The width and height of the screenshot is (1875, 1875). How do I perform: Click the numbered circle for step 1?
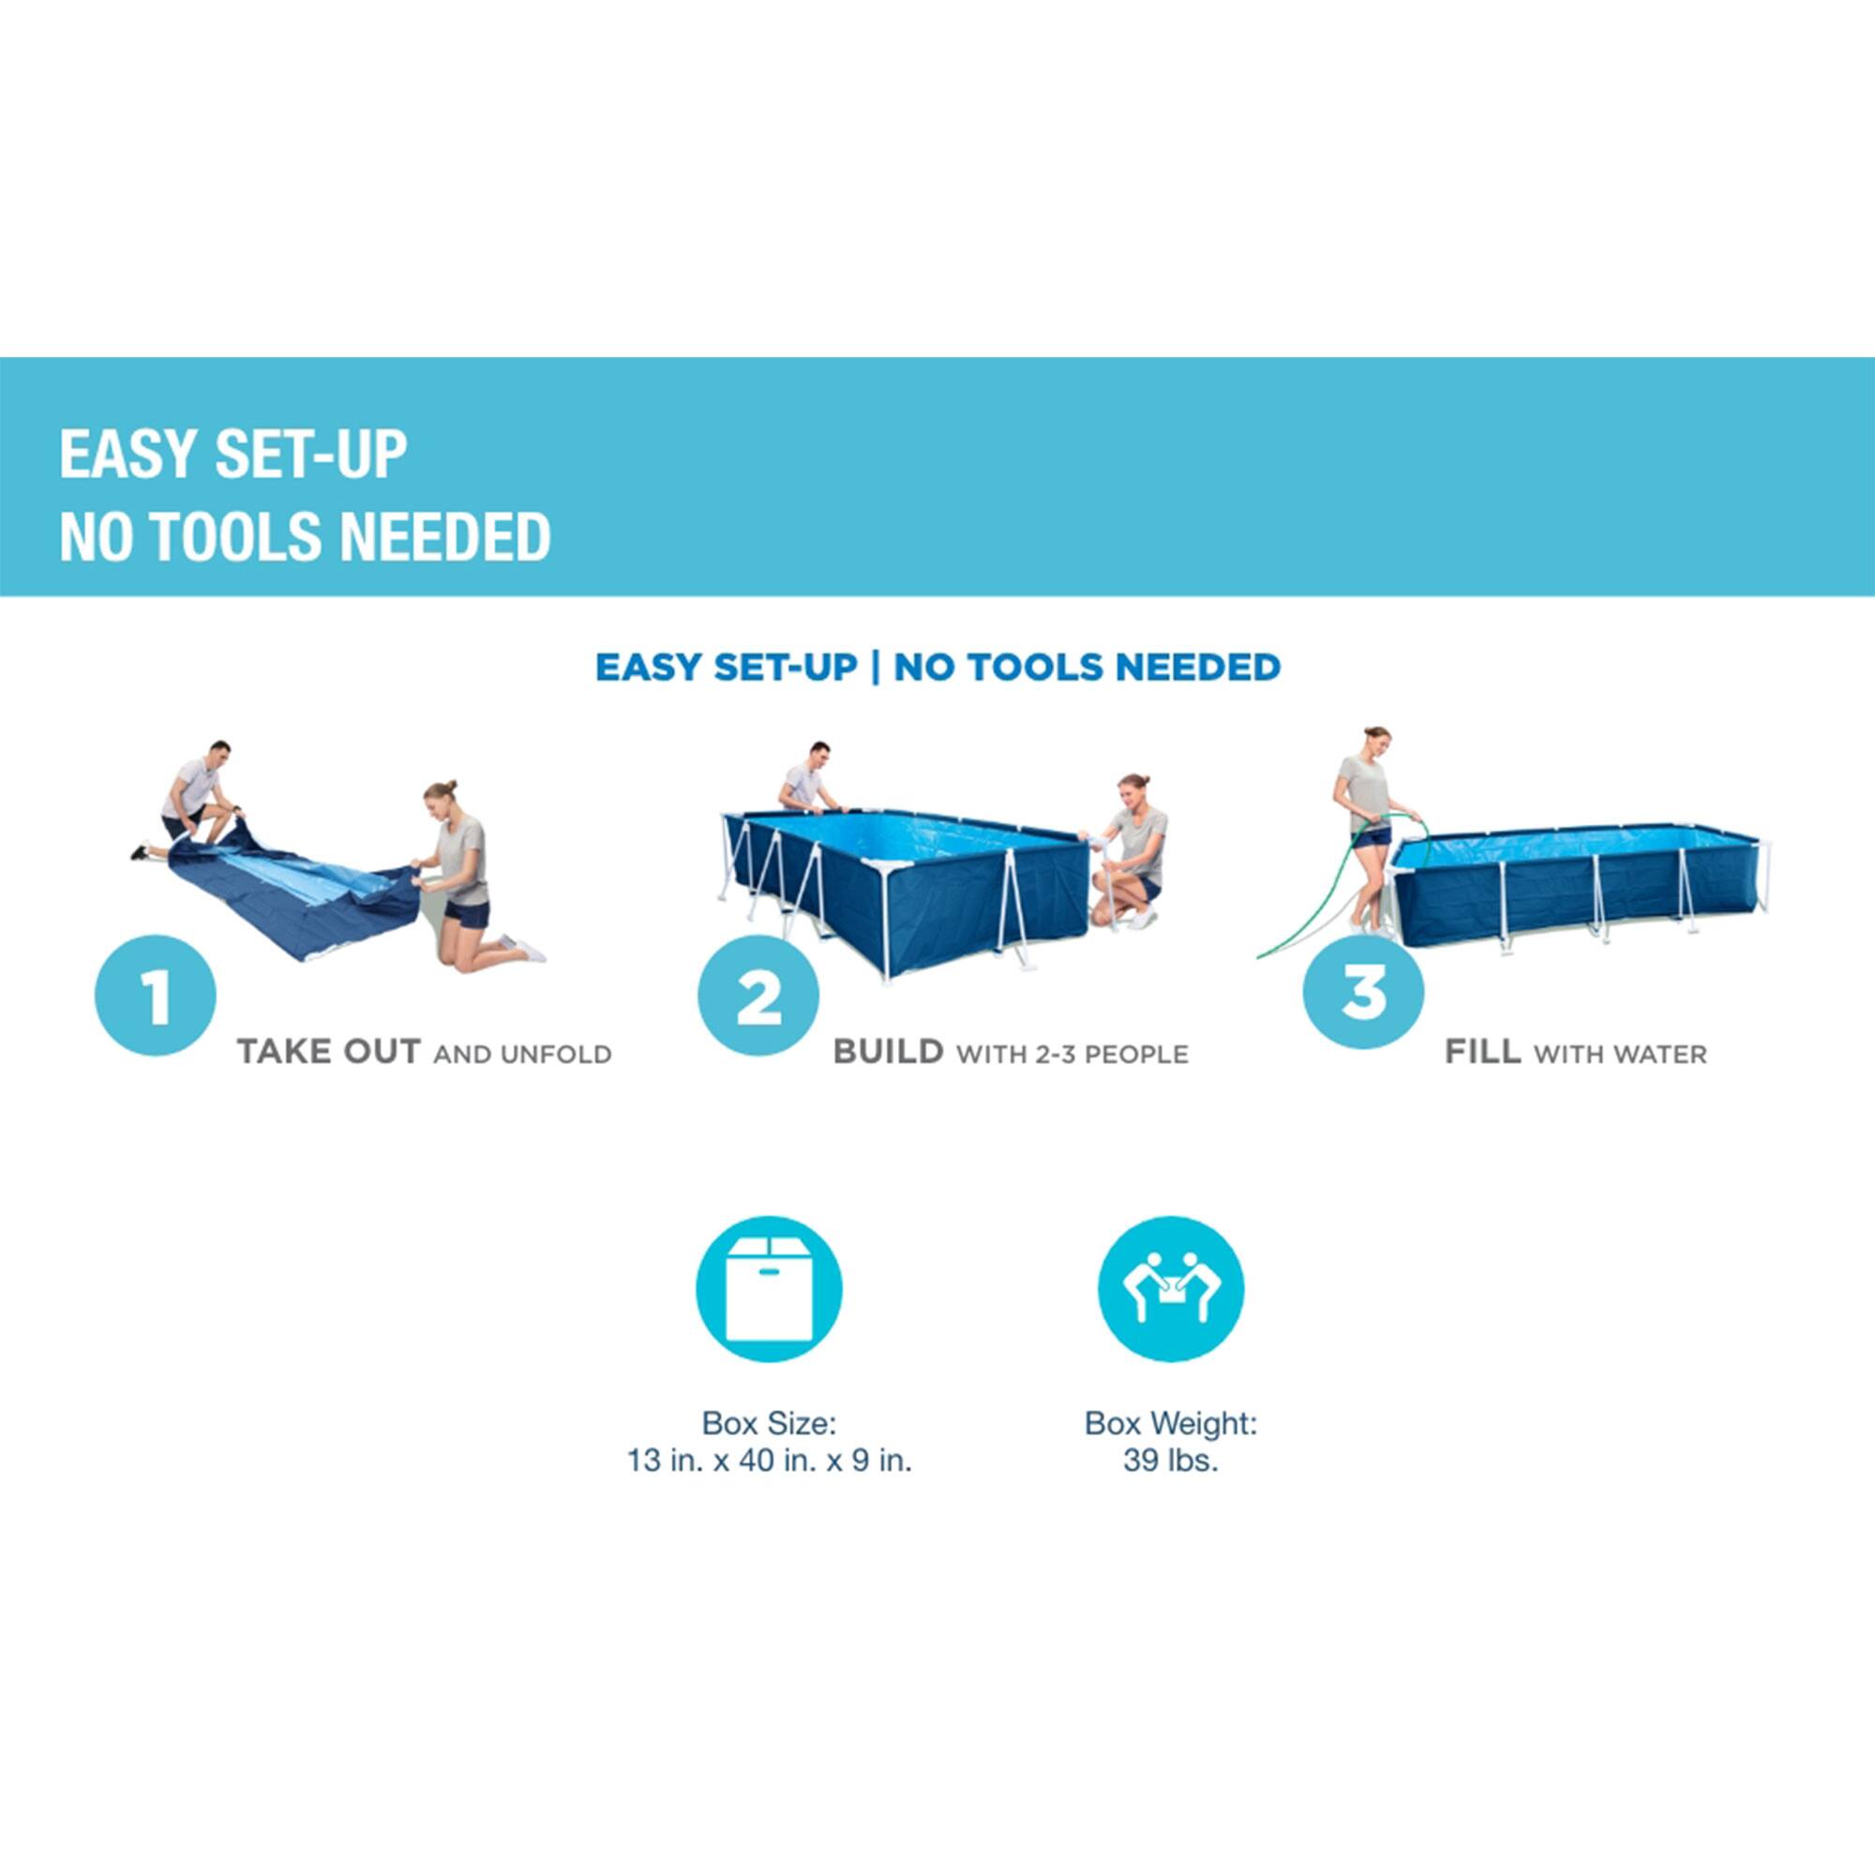pos(156,996)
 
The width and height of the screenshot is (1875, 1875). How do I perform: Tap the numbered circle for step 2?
pos(757,996)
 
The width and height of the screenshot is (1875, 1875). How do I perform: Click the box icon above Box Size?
pos(769,1289)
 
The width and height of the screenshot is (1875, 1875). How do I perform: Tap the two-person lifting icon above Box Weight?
pos(1170,1289)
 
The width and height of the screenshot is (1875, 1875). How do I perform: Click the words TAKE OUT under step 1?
pos(328,1052)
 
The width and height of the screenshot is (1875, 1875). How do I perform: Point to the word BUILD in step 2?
pos(888,1052)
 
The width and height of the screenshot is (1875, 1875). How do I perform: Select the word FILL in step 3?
pos(1482,1052)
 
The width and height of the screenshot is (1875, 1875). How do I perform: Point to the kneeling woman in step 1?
pos(468,874)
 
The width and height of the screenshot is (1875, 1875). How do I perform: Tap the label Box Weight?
pos(1170,1424)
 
